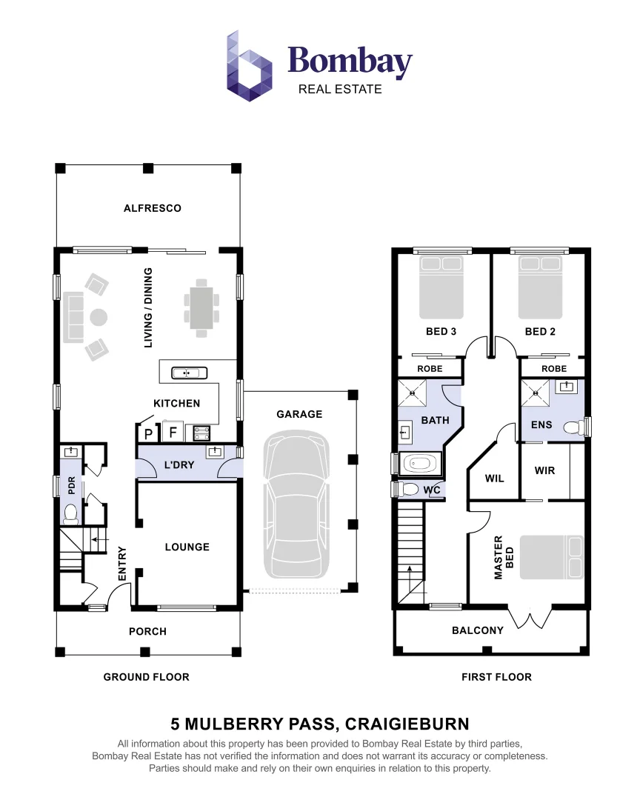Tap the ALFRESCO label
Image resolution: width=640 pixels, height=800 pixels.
(x=152, y=208)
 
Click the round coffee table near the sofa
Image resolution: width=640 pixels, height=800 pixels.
(x=99, y=318)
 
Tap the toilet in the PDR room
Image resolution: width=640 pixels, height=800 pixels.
(x=71, y=513)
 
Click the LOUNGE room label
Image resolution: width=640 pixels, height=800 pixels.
(x=187, y=547)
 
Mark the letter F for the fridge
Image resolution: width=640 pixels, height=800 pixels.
(x=173, y=432)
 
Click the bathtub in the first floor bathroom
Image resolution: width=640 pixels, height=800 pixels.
(x=419, y=464)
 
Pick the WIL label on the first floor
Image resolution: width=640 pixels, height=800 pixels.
(x=494, y=479)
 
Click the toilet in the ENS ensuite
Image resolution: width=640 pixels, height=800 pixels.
(x=571, y=428)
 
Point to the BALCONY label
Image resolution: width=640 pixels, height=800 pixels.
(x=478, y=630)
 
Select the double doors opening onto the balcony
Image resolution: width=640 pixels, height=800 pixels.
(x=530, y=618)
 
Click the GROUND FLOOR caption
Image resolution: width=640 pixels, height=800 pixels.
(x=146, y=676)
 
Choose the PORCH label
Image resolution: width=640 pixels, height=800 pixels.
(x=147, y=631)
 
